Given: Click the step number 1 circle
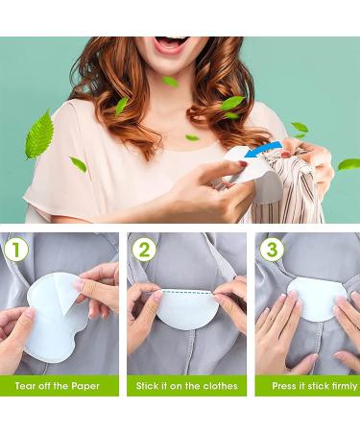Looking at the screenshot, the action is (x=16, y=250).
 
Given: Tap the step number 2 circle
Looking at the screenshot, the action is (x=144, y=250).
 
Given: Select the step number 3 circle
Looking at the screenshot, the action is (x=272, y=250).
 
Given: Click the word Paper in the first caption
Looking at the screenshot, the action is (x=85, y=386).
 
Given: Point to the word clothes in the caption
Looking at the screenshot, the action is (x=221, y=386).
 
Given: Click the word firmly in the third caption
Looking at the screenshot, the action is (x=344, y=386).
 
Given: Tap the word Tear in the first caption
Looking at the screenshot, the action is (x=25, y=386).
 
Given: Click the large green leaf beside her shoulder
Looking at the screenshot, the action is (x=39, y=134).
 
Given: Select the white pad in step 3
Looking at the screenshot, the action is (x=316, y=299).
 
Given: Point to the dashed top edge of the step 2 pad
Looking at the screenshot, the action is (x=187, y=291).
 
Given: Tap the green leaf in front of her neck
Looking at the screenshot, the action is (x=170, y=82).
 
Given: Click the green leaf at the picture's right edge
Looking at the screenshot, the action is (x=348, y=164).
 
